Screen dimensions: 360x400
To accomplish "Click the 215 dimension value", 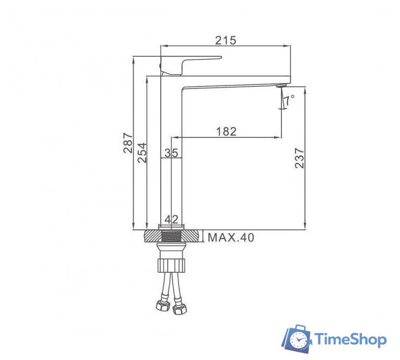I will coord(225,40).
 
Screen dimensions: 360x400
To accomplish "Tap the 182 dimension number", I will coord(226,131).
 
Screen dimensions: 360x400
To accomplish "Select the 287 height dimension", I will coord(128,143).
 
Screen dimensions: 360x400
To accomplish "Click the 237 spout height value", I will coord(299,159).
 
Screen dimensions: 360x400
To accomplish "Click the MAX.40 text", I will coord(230,237).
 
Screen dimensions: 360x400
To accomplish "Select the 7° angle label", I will coord(289,101).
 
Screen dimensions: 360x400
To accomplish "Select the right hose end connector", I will coord(181,309).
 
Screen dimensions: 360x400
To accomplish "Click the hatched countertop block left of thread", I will coord(152,236).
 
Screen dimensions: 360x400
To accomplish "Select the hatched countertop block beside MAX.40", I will coord(192,236).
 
